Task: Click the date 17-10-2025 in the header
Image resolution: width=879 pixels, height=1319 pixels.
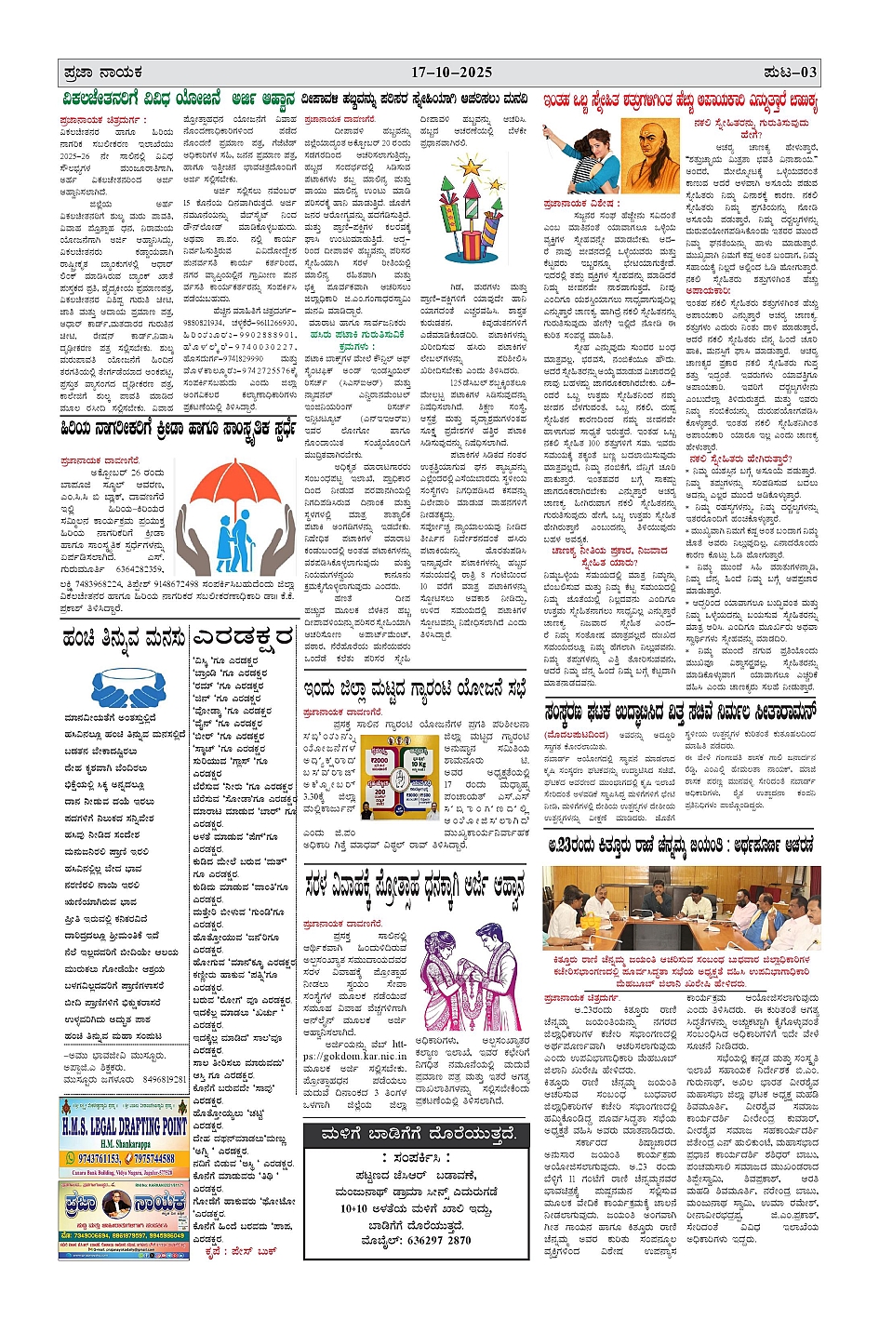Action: pos(451,73)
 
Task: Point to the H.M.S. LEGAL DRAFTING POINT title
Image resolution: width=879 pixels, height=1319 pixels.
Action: pos(124,1126)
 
